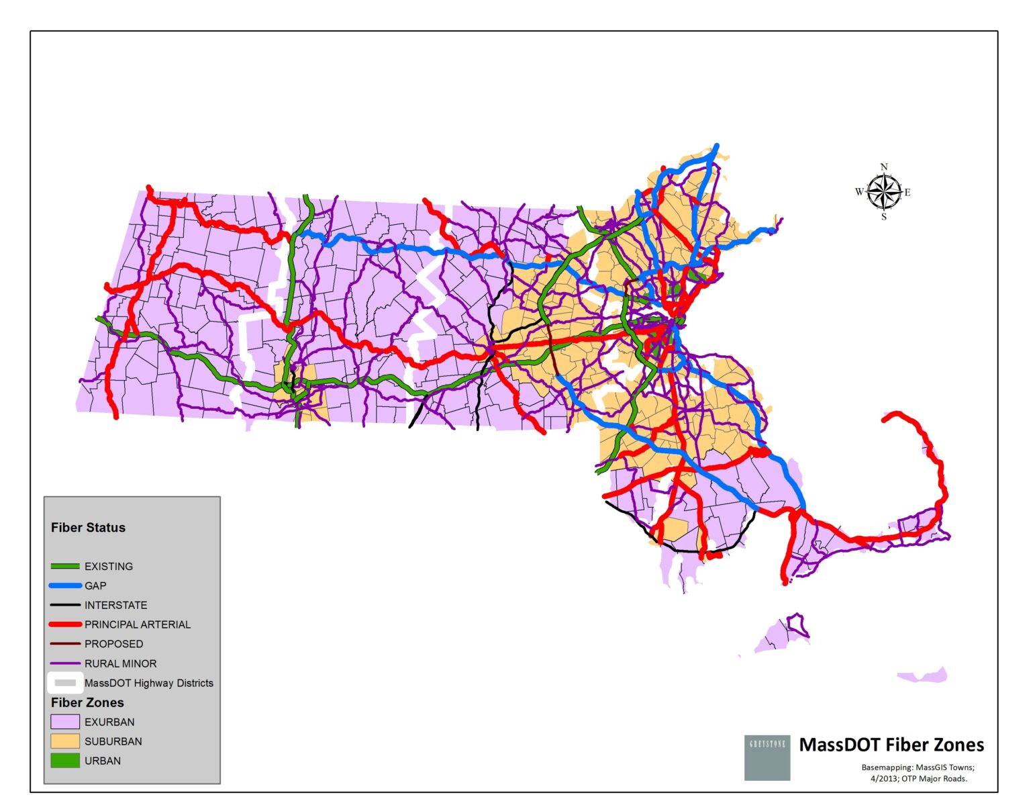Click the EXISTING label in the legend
coord(108,566)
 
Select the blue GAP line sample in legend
coord(65,585)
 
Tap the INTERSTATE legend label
coord(115,605)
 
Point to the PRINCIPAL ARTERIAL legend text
coord(137,624)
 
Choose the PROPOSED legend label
coord(113,644)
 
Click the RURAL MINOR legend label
coord(120,663)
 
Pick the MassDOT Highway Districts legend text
coord(148,683)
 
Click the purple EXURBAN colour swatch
coord(65,722)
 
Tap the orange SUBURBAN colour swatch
coord(65,741)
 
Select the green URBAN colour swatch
coord(65,761)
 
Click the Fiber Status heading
coord(88,528)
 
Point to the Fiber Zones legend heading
coord(87,702)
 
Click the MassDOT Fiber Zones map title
coord(891,745)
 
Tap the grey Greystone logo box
coord(767,757)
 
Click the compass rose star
coord(883,192)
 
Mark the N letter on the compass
coord(884,167)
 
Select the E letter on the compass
coord(907,193)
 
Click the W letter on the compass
coord(859,192)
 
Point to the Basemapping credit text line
coord(918,767)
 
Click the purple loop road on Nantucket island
coord(797,624)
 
